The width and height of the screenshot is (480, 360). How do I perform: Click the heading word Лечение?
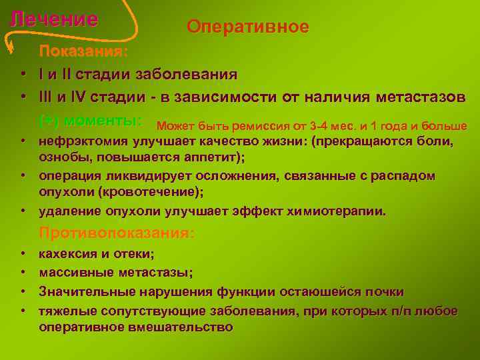click(x=54, y=19)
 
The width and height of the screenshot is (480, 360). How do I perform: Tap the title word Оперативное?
click(x=248, y=27)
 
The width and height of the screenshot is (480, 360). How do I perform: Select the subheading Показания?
click(x=84, y=51)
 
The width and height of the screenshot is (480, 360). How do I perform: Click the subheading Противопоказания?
click(x=117, y=233)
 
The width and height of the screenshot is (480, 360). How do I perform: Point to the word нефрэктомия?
click(x=81, y=141)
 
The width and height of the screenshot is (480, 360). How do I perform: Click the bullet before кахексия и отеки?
click(x=23, y=254)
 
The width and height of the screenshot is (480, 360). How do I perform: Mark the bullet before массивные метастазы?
click(x=23, y=273)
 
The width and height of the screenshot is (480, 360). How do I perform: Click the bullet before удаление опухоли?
click(x=23, y=211)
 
